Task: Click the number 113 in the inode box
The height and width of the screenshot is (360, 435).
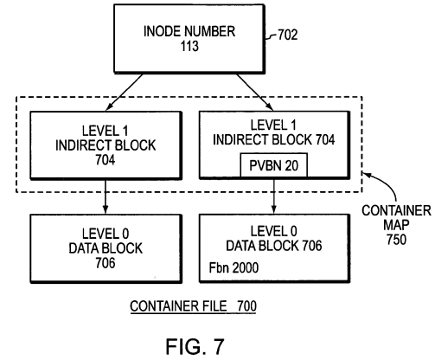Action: coord(189,46)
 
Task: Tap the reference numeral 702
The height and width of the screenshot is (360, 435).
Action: coord(287,35)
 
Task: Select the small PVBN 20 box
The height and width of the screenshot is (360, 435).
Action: coord(274,165)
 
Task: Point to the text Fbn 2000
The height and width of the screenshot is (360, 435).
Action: coord(233,267)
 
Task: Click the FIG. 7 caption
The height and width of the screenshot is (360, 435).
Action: coord(195,346)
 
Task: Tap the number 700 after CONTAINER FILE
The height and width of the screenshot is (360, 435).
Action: coord(246,306)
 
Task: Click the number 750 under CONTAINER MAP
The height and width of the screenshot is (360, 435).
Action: coord(396,239)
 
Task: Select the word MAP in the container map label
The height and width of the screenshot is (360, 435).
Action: coord(396,225)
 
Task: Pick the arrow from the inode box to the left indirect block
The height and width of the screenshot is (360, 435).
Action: coord(125,93)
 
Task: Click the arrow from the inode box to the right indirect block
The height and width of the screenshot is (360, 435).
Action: coord(255,93)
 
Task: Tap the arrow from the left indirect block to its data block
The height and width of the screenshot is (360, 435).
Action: coord(106,196)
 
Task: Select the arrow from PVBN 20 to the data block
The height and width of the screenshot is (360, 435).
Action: coord(274,195)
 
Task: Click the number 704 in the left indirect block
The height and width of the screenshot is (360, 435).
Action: coord(106,159)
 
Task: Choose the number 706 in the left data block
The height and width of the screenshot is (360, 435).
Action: coord(106,262)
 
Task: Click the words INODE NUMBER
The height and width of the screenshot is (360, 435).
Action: coord(189,31)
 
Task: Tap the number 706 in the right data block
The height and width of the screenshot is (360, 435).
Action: coord(312,246)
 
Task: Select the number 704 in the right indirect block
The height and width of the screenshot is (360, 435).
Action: coord(325,139)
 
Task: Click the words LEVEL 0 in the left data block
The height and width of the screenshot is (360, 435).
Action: coord(106,234)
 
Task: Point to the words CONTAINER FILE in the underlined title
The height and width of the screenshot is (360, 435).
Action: coord(178,306)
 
